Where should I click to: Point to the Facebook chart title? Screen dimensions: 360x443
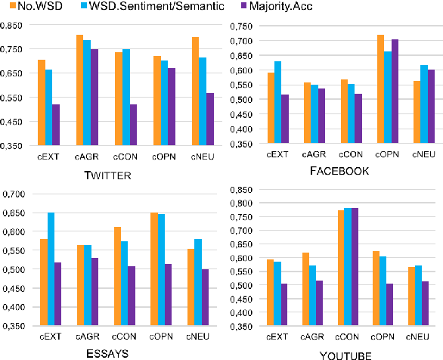tap(339, 171)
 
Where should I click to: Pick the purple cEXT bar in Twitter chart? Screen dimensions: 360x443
tap(55, 125)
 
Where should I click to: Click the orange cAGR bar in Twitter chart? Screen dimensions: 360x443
tap(79, 90)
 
